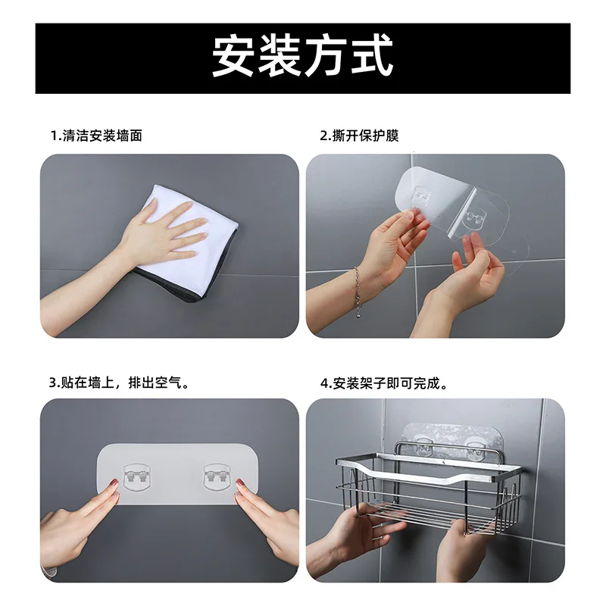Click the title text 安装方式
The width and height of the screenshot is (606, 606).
(302, 56)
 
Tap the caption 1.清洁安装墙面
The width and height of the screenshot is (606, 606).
(97, 136)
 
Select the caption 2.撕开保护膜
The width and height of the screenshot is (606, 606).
(359, 136)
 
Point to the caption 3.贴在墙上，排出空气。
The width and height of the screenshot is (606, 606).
(119, 383)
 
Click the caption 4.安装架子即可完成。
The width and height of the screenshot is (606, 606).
(384, 384)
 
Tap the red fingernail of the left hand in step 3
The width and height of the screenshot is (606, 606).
(114, 483)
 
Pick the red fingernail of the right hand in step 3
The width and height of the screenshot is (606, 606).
(240, 483)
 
